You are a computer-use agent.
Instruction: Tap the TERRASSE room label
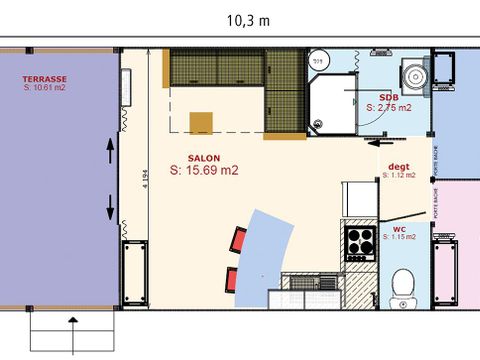click(x=45, y=78)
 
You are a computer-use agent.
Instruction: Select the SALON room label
click(x=204, y=157)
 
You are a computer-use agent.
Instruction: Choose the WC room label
click(x=400, y=228)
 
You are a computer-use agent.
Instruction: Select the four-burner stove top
click(x=360, y=242)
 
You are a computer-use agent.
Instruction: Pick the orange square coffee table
click(x=202, y=122)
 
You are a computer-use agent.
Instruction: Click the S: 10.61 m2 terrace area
click(x=46, y=88)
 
